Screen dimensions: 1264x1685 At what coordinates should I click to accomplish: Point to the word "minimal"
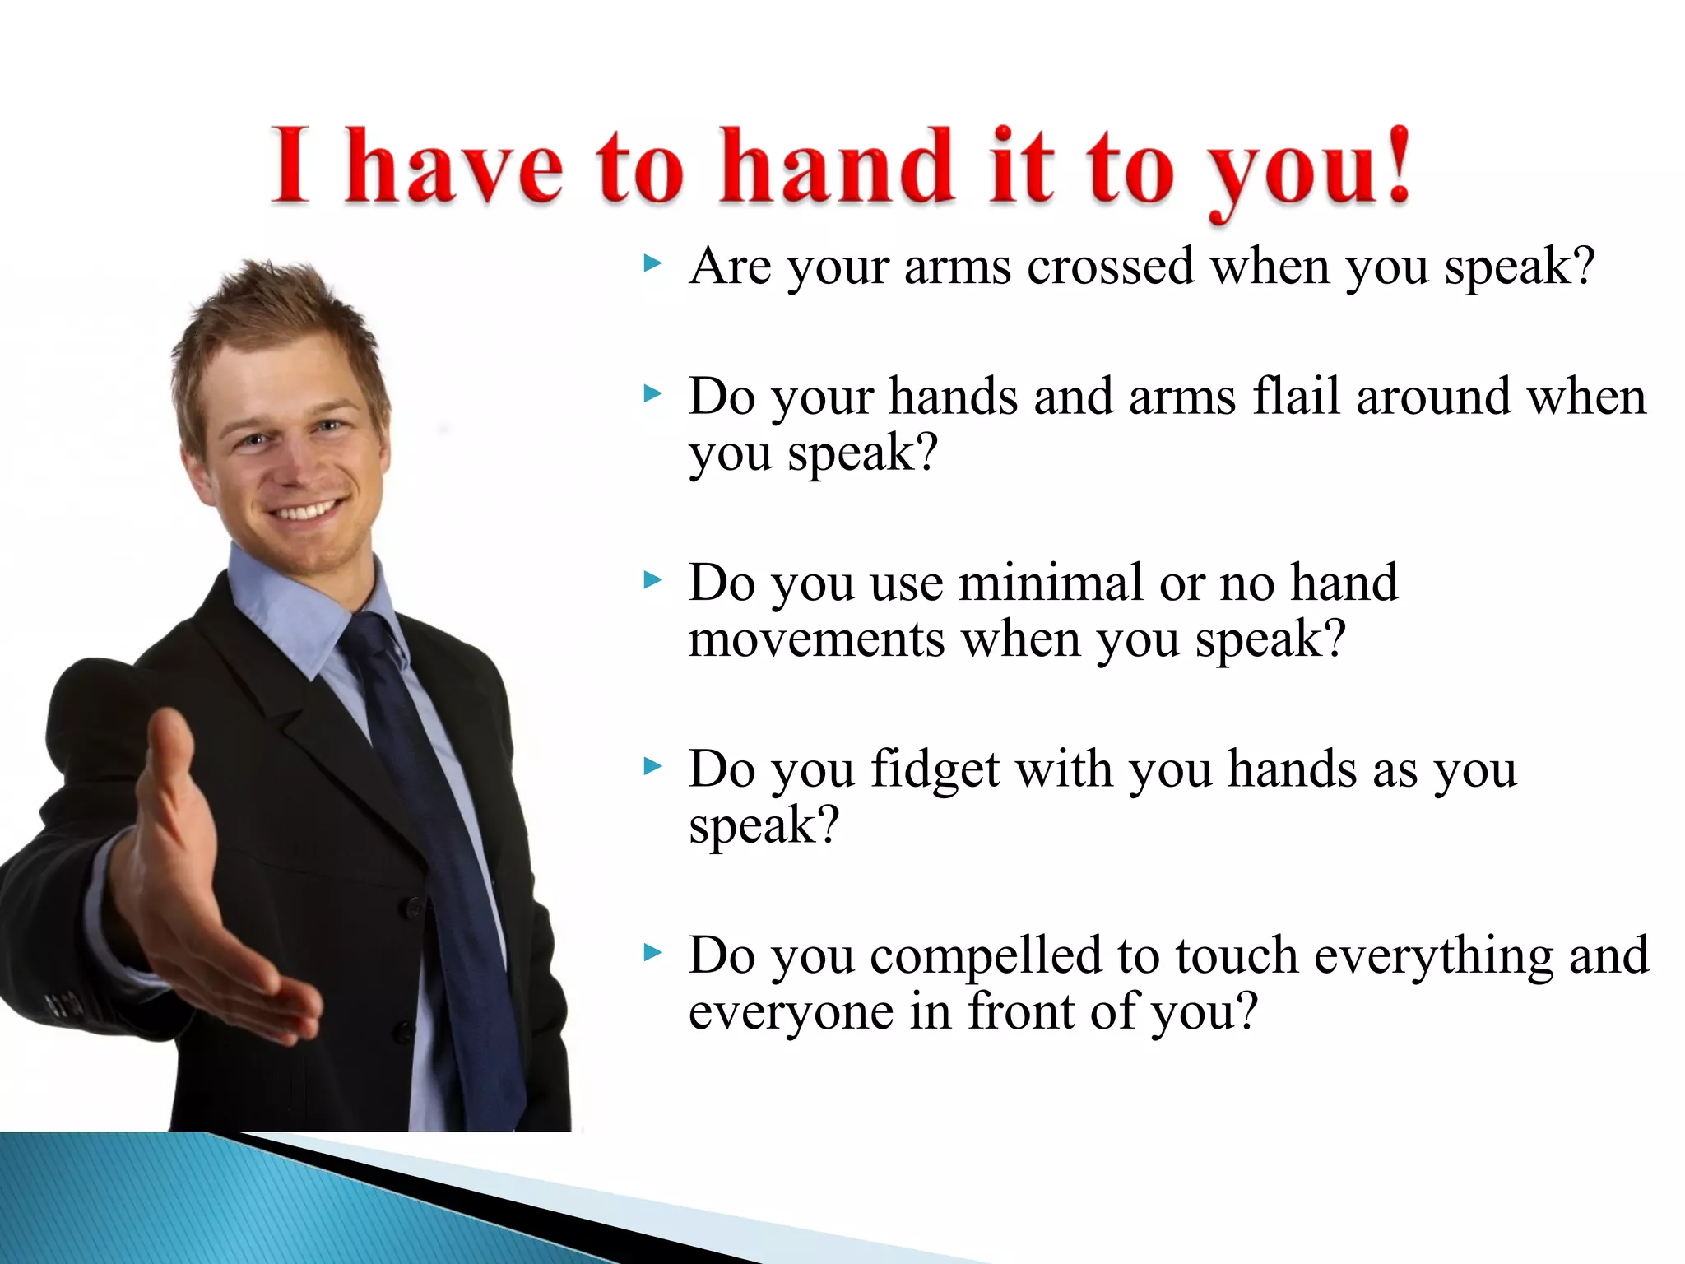click(1050, 583)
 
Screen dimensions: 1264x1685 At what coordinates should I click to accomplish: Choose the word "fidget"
click(934, 770)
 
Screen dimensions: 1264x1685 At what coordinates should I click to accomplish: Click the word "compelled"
click(986, 956)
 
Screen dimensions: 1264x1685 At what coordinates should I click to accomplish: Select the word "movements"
click(816, 639)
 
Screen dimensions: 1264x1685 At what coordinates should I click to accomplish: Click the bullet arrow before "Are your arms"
click(653, 264)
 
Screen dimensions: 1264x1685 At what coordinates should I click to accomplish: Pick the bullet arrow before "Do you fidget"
click(653, 767)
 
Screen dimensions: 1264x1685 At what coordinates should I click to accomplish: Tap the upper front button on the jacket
click(414, 908)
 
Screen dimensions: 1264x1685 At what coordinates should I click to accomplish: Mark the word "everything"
click(1433, 956)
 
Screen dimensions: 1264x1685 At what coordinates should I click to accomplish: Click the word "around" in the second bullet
click(1433, 397)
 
